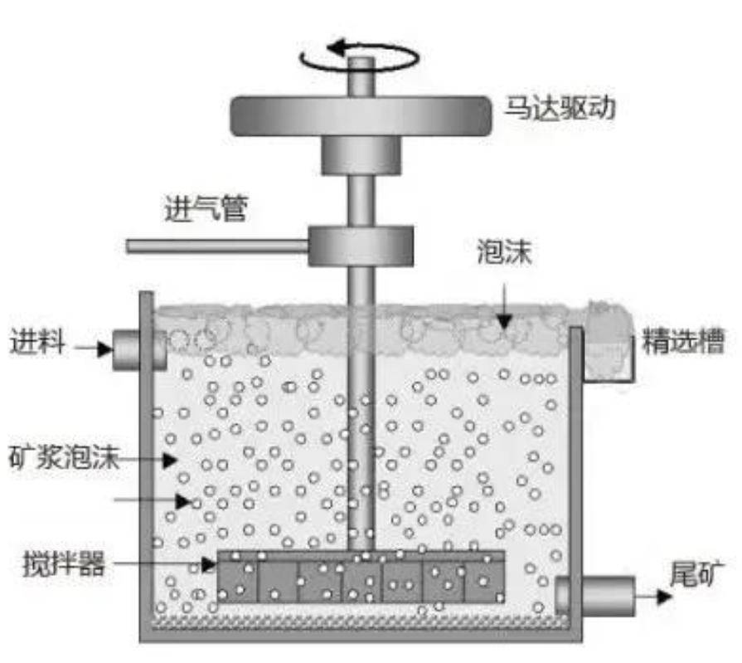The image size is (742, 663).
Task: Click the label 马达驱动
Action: coord(560,108)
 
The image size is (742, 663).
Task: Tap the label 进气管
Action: coord(206,208)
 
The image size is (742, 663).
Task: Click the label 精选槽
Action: coord(683,341)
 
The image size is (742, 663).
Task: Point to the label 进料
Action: coord(38,341)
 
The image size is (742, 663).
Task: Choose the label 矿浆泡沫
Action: coord(64,457)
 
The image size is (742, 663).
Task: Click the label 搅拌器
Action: coord(64,563)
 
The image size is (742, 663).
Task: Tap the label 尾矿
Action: coord(696,574)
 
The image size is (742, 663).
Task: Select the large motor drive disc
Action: coord(361,116)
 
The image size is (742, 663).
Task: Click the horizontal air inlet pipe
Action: coord(218,246)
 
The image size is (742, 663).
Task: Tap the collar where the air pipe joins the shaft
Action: coord(361,246)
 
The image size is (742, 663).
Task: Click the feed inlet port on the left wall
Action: coord(139,350)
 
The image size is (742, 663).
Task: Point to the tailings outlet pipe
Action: coord(595,597)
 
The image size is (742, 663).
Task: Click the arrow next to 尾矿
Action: coord(654,597)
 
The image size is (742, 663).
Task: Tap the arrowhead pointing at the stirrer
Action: coord(209,564)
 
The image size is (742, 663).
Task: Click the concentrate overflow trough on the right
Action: coord(609,350)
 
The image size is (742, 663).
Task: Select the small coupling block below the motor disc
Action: coord(361,155)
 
